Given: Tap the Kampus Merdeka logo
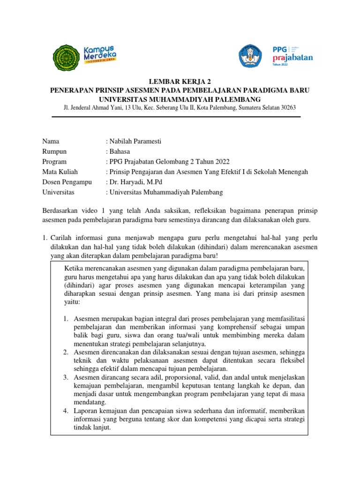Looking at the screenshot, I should pos(99,55).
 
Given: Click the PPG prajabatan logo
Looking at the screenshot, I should pos(292,56).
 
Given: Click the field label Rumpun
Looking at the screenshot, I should pos(54,151).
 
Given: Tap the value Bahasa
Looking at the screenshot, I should pos(121,151).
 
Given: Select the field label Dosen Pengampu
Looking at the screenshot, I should pos(67,182).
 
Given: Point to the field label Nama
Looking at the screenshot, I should pos(51,142).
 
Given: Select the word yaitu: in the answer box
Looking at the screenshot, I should pos(72,303).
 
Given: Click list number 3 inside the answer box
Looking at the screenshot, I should pos(66,376).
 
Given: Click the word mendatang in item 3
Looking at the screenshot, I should pos(90,402).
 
